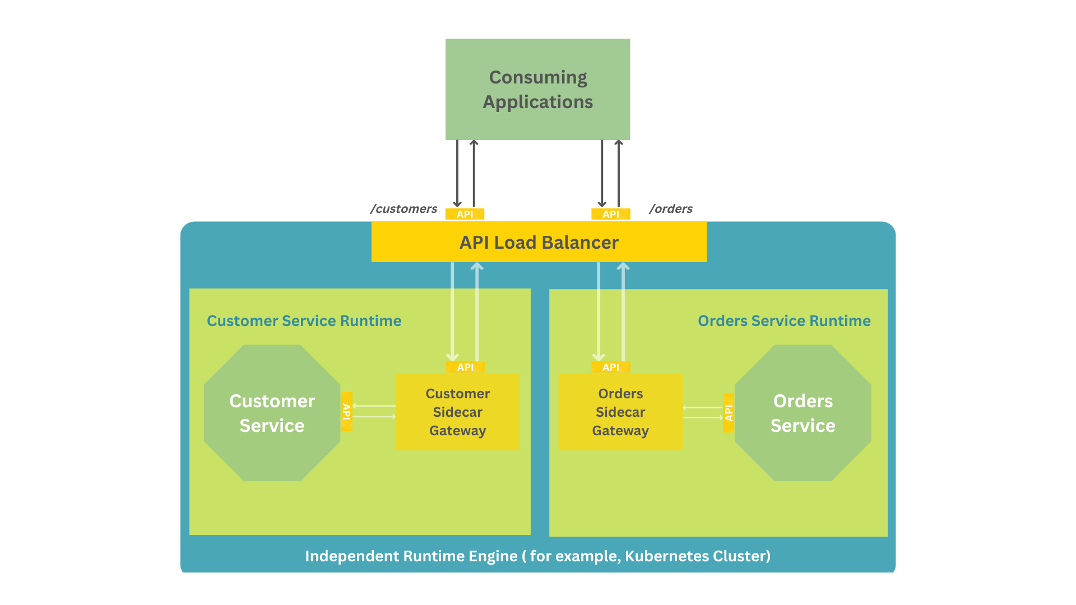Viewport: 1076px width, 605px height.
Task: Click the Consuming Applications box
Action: (537, 90)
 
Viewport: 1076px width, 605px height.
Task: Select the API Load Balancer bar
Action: (539, 242)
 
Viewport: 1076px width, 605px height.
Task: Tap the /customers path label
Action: (403, 209)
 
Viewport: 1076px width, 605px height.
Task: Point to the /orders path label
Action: (671, 209)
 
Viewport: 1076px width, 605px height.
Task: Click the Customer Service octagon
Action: (272, 413)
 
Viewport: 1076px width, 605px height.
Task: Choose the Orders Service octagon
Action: (803, 413)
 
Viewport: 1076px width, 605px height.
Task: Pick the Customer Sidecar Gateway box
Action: (457, 412)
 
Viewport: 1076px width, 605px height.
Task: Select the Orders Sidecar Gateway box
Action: (620, 412)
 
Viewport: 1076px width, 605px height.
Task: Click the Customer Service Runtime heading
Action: (304, 321)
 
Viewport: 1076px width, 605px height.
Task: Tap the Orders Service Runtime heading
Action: (784, 321)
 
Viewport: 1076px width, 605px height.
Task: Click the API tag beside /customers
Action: (465, 214)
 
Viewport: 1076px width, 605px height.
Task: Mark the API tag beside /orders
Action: (611, 214)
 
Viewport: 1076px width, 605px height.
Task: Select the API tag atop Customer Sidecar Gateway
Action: (465, 367)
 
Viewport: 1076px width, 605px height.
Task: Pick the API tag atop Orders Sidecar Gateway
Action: (611, 367)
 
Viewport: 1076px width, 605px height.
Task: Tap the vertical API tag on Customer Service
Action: (347, 412)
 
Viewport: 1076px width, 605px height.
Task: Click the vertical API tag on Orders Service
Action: (729, 413)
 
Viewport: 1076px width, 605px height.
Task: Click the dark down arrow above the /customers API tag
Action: (457, 174)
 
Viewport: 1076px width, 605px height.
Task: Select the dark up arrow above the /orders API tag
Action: (619, 174)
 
